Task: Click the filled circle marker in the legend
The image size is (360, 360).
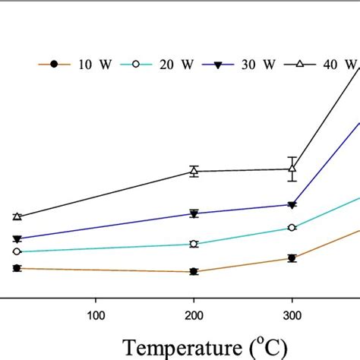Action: (53, 65)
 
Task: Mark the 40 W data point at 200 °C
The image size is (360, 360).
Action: (194, 171)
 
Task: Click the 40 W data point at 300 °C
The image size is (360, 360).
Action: (292, 169)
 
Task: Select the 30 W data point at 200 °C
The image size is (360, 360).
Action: (194, 214)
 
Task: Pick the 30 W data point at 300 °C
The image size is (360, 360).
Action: (292, 205)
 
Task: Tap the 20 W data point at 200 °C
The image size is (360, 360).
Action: (194, 244)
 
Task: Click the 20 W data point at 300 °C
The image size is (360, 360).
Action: (292, 227)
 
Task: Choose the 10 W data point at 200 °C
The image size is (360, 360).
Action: (194, 271)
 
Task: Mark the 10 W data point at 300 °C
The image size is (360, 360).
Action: (292, 258)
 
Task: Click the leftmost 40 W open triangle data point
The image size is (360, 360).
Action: (17, 216)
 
